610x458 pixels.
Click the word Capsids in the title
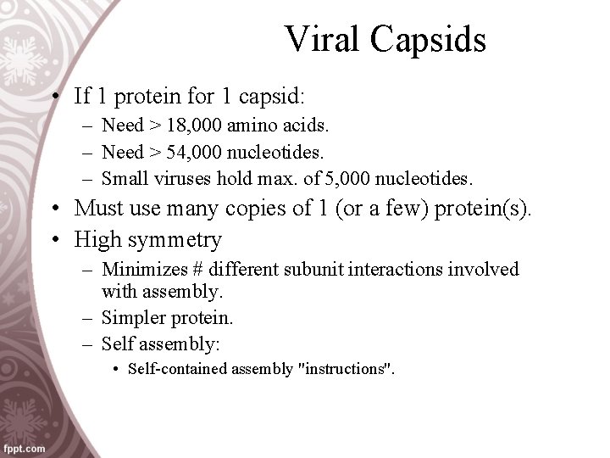click(429, 39)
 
